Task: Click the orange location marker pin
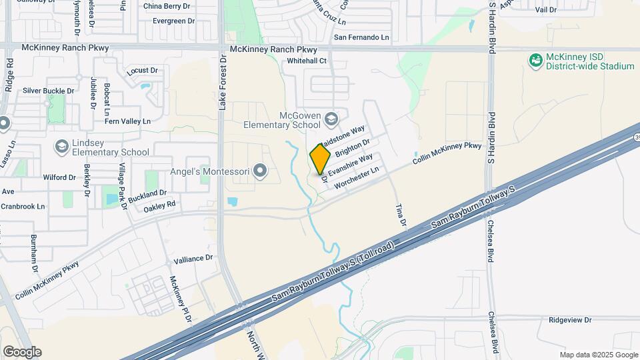click(321, 158)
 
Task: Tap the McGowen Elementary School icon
click(331, 119)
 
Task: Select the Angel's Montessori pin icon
click(261, 172)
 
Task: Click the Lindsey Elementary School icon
click(61, 146)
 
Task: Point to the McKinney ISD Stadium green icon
click(535, 61)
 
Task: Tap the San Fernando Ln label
click(361, 37)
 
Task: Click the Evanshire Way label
click(351, 165)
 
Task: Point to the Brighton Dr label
click(353, 148)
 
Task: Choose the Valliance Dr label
click(193, 257)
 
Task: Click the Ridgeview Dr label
click(570, 320)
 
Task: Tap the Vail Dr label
click(545, 10)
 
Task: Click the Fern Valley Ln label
click(129, 121)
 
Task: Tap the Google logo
click(22, 351)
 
